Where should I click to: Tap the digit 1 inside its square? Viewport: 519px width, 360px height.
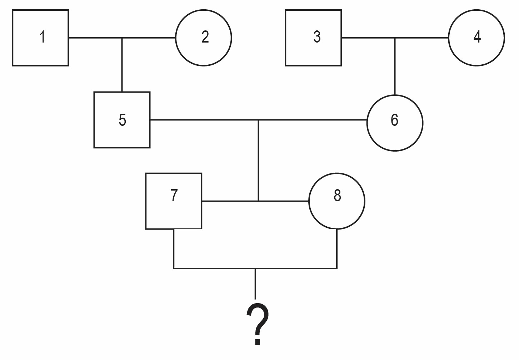(x=43, y=37)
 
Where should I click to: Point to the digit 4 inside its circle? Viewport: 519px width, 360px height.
(x=477, y=37)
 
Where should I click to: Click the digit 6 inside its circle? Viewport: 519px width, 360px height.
(x=394, y=120)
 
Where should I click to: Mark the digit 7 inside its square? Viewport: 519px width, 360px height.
(x=174, y=195)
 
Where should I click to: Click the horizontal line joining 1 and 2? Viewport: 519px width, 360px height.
(x=122, y=38)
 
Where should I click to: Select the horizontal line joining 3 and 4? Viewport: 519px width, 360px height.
(x=395, y=38)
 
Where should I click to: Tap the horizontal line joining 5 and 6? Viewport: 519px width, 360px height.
(x=258, y=120)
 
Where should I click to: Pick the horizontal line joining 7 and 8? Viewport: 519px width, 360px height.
(x=255, y=201)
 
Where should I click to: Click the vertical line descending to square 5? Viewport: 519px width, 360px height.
(x=122, y=65)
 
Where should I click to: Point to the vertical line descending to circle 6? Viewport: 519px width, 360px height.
(x=395, y=66)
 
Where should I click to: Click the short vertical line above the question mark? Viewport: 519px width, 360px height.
(x=255, y=284)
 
